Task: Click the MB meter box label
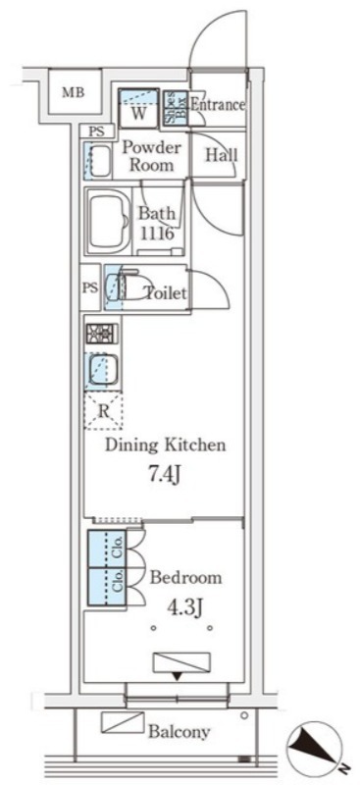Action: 74,92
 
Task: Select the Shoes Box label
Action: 176,107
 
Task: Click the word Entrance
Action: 219,105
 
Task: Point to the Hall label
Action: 221,155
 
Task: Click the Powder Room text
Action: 151,156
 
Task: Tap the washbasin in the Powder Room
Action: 99,160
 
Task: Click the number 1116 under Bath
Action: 157,234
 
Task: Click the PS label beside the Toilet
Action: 91,288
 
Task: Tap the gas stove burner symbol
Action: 102,334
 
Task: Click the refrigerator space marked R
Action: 103,411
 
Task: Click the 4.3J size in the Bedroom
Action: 184,608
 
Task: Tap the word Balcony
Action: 179,732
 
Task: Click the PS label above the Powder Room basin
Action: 98,132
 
